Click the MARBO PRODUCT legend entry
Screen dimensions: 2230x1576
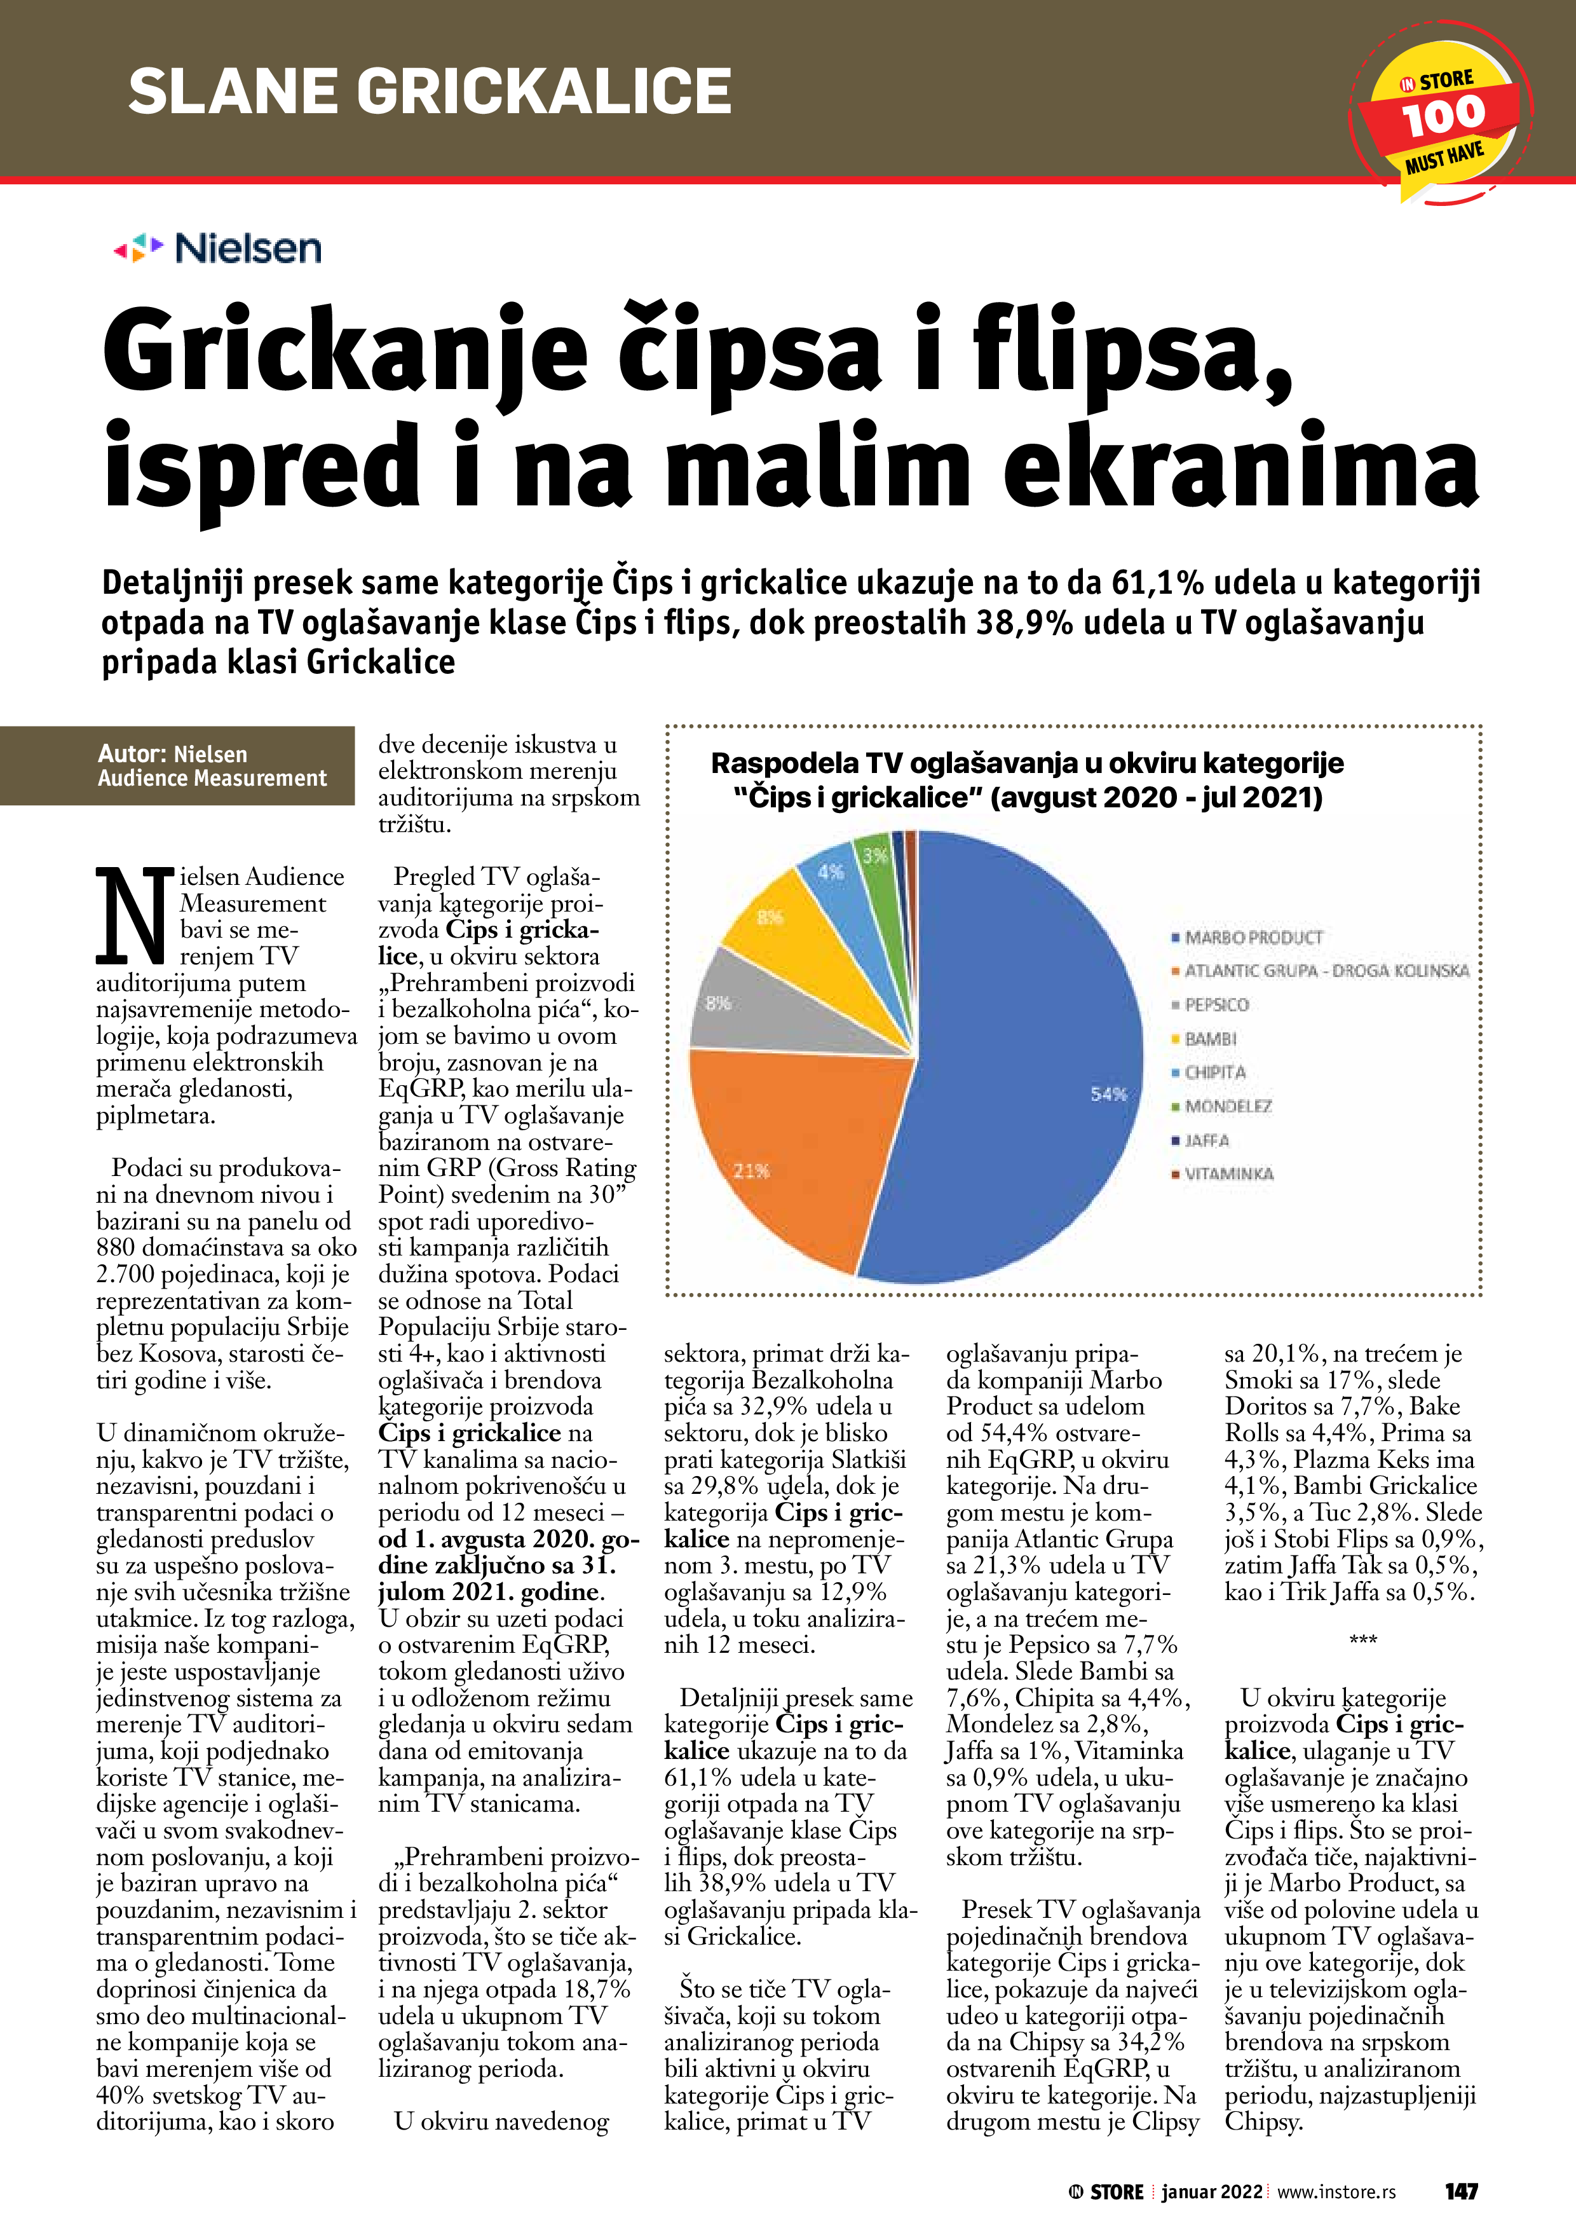click(x=1252, y=937)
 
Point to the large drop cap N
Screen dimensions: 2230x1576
click(x=133, y=913)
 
